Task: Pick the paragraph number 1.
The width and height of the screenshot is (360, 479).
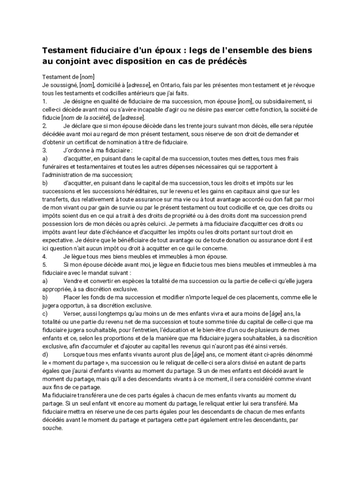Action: (44, 101)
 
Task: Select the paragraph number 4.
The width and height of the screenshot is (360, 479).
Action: (44, 257)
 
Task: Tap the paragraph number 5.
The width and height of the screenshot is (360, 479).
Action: (44, 265)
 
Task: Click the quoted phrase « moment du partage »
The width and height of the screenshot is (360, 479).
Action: (79, 363)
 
